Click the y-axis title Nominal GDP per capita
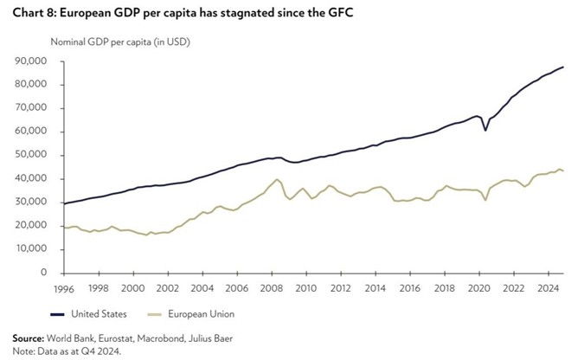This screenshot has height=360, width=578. [120, 42]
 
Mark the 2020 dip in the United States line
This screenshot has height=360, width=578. [485, 130]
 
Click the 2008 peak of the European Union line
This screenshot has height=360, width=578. [277, 180]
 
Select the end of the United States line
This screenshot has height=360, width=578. [564, 67]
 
